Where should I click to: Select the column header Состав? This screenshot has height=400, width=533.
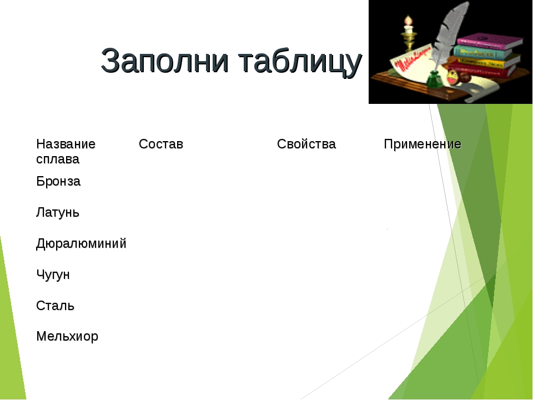click(161, 144)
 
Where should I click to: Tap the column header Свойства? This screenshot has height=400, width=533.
click(306, 144)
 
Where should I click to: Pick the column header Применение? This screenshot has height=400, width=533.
click(423, 144)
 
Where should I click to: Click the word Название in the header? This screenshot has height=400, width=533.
click(66, 144)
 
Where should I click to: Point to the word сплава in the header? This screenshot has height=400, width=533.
click(58, 159)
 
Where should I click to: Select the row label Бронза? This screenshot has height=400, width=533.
click(58, 181)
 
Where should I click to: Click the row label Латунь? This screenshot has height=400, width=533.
click(57, 213)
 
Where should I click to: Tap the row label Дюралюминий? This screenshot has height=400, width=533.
click(81, 243)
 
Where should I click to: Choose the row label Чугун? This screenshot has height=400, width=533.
click(53, 274)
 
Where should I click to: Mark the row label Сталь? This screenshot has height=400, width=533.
click(55, 306)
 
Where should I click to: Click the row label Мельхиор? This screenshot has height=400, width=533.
click(67, 337)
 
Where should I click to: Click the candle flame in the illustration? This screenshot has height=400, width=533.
click(408, 20)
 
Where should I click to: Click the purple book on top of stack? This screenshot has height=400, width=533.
click(490, 41)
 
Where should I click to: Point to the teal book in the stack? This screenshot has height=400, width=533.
click(482, 53)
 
